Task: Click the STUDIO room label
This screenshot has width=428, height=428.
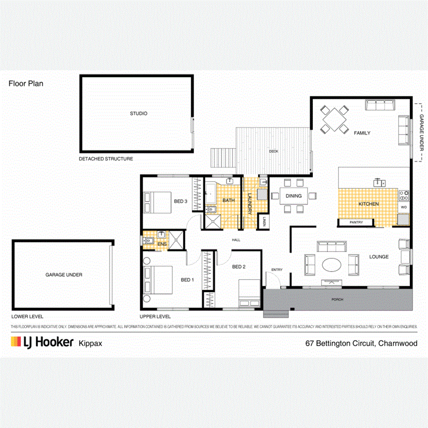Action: coord(138,114)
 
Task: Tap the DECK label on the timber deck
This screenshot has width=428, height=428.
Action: coord(273,151)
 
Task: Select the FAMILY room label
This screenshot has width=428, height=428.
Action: coord(361,133)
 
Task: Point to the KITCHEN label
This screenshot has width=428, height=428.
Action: coord(369,204)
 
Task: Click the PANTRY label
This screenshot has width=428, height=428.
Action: coord(356,222)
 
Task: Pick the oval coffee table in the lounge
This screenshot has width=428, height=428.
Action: coord(331,264)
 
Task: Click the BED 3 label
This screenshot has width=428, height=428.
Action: coord(180,201)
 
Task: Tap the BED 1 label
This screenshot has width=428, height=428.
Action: coord(187,280)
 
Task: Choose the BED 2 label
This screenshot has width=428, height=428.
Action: coord(239,267)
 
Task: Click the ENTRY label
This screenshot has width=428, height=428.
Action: coord(277,270)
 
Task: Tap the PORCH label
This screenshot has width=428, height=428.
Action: coord(338,300)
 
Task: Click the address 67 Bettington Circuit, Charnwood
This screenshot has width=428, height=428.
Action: coord(361,343)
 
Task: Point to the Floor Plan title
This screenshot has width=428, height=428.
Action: coord(26,83)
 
